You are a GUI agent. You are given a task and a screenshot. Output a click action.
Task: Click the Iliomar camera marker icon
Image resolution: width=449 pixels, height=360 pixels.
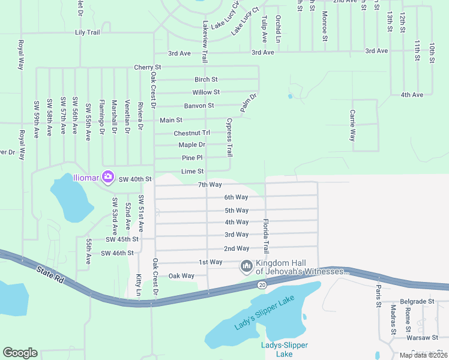108,176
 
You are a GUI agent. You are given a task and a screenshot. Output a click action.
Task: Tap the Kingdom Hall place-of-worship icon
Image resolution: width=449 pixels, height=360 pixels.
246,265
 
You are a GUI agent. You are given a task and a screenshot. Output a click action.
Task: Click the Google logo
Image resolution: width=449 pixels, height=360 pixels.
20,353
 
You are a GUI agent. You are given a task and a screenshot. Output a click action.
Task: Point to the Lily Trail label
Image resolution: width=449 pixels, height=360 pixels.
88,32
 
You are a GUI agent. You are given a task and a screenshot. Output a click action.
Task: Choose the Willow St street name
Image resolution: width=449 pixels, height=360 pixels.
206,92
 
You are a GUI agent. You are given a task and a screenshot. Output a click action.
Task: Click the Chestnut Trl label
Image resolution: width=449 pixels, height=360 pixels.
192,133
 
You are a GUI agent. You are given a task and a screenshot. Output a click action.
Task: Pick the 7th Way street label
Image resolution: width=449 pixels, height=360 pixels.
210,184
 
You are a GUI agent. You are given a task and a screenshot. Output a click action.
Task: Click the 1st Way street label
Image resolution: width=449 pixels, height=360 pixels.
211,262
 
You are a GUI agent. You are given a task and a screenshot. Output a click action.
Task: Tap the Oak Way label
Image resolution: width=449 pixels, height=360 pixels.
181,276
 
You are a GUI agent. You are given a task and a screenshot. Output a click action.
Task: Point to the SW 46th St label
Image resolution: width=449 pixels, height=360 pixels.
117,253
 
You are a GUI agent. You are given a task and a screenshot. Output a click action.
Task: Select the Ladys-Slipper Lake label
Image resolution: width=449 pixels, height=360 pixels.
284,349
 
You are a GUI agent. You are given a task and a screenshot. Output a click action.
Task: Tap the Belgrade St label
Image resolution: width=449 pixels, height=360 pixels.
418,301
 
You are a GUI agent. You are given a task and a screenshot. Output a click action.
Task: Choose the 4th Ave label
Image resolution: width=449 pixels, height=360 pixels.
412,95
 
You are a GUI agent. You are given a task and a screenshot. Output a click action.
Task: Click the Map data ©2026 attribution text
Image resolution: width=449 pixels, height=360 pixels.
423,355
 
